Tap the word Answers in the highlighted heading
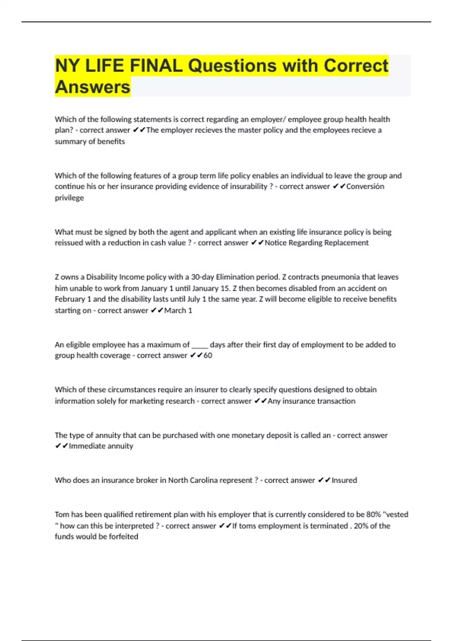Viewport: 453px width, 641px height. click(x=92, y=87)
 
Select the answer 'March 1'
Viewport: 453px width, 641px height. click(x=178, y=310)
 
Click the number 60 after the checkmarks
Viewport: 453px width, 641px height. click(x=208, y=355)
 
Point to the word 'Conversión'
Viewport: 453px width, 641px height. click(x=365, y=186)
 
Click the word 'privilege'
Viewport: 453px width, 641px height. click(x=69, y=198)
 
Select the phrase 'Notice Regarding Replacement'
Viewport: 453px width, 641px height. click(x=316, y=243)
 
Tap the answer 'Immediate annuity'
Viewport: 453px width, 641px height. click(x=101, y=446)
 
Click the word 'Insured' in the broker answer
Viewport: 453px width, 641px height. click(x=344, y=480)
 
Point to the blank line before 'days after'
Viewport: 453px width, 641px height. click(x=200, y=345)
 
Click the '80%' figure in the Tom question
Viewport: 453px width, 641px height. click(x=373, y=514)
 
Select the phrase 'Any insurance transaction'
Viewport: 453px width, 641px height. click(x=311, y=401)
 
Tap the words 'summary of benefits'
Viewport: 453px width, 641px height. click(x=90, y=141)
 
